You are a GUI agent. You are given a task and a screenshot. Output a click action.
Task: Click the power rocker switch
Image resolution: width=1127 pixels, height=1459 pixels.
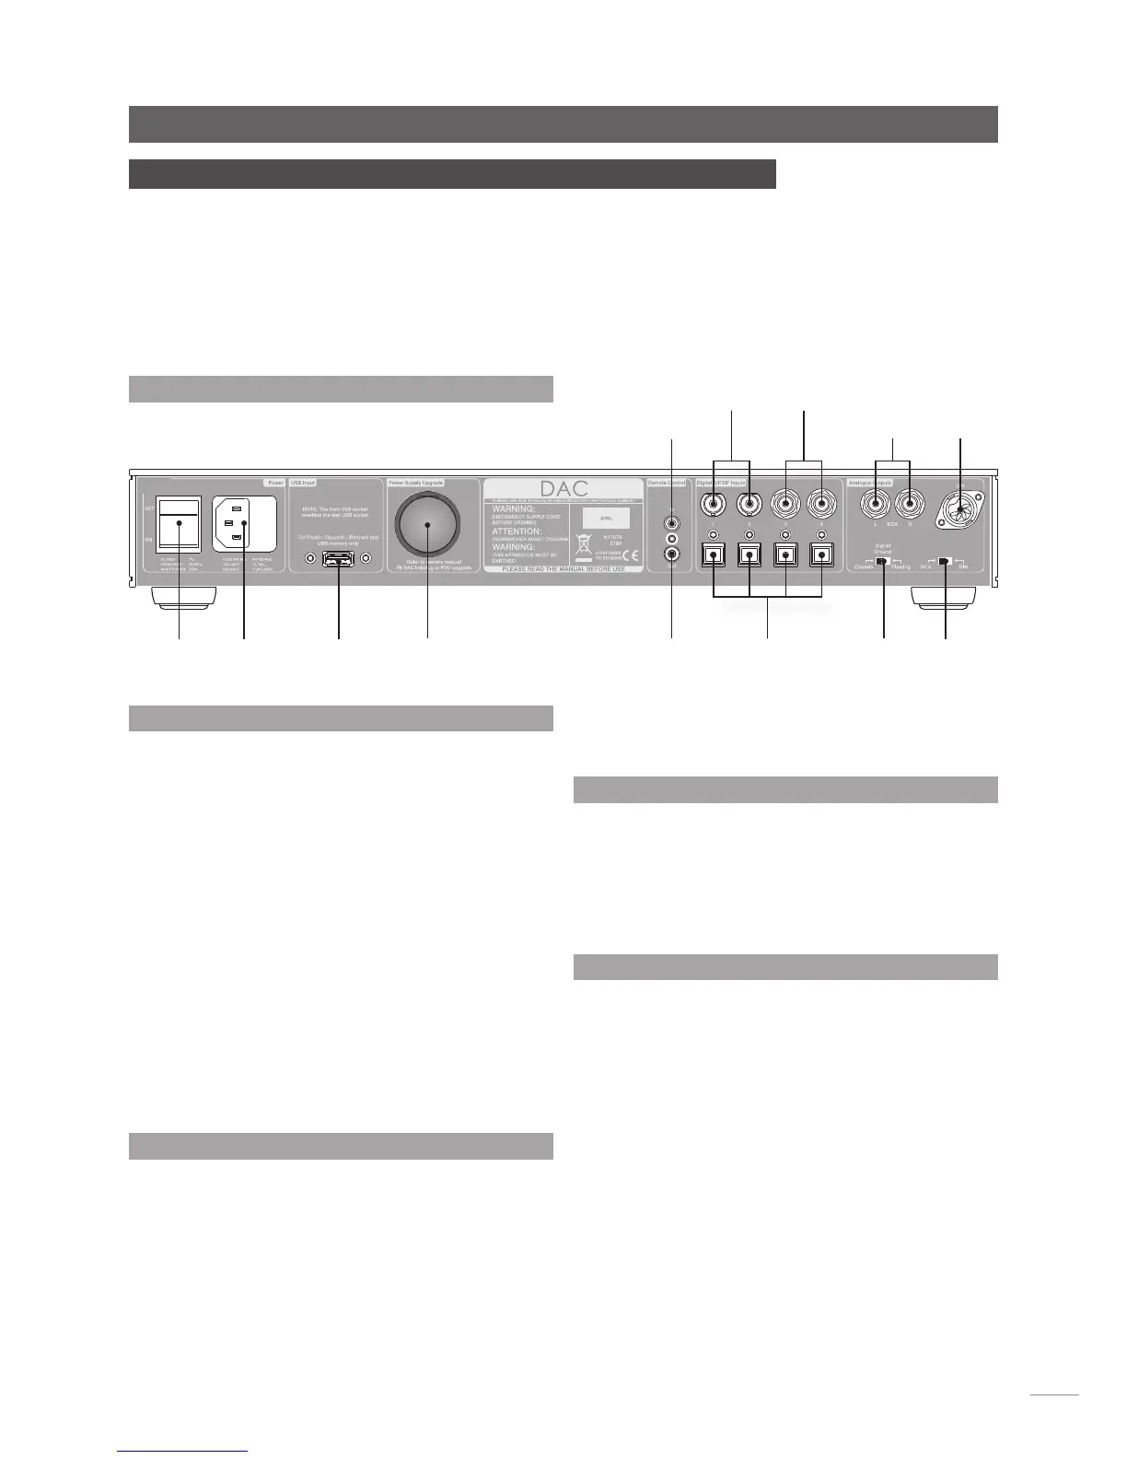179,522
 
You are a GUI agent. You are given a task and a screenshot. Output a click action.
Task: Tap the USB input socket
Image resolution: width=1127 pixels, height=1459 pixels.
339,558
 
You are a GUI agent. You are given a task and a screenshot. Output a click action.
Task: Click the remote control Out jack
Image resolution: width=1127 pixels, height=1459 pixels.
672,554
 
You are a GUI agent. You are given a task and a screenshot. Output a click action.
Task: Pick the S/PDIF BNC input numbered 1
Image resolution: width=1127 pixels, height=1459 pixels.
715,504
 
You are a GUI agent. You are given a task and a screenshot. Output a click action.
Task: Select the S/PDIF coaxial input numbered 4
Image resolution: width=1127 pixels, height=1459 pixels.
820,504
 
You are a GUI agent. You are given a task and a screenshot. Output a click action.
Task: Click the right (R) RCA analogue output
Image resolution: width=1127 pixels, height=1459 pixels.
910,504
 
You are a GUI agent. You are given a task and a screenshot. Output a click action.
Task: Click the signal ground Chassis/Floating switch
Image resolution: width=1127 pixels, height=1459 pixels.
883,560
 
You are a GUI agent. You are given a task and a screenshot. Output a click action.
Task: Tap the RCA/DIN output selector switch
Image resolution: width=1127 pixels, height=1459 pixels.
945,560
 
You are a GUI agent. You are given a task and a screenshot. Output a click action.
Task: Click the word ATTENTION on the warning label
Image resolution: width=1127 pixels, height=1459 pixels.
516,531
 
